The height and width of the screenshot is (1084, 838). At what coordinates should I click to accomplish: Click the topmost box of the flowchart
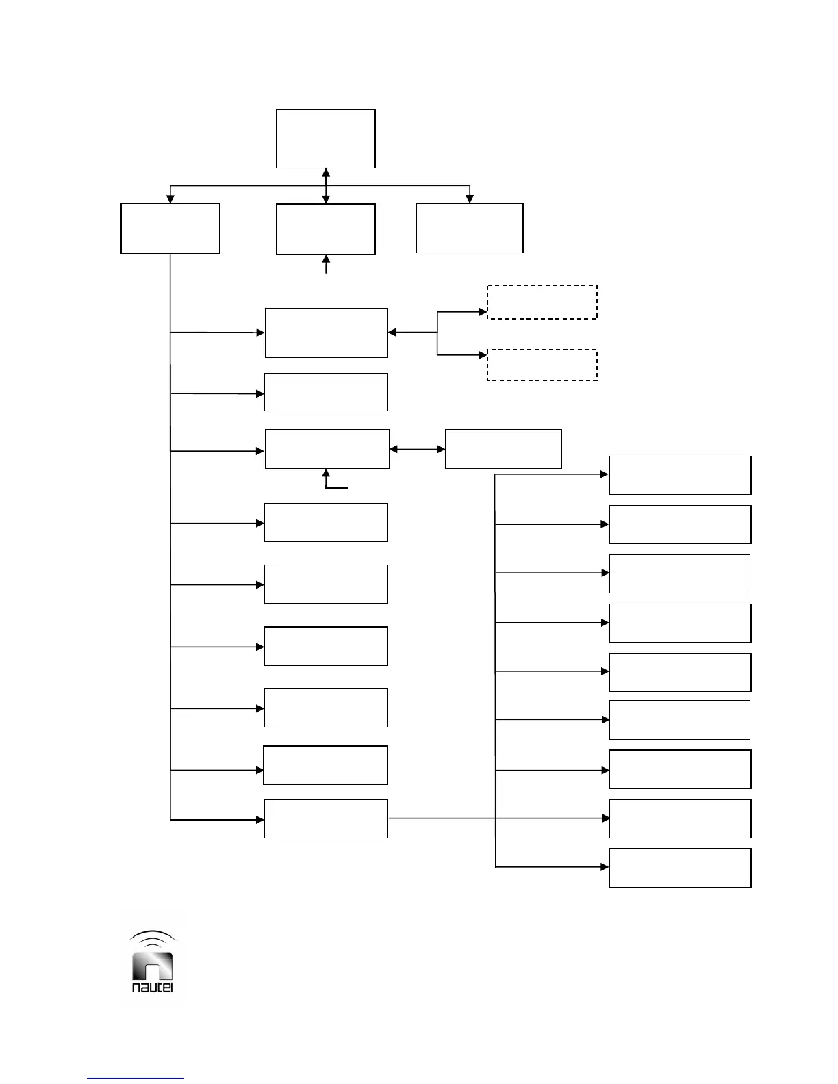(x=326, y=138)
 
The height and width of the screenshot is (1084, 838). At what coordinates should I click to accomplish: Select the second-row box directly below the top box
(x=326, y=229)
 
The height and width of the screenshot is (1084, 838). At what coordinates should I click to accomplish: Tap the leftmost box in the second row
(x=170, y=229)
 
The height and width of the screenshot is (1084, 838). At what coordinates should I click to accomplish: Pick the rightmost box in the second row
(x=470, y=228)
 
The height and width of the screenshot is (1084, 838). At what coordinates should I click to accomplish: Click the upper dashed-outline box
(x=542, y=302)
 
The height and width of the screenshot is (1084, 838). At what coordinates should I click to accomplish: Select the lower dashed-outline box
(x=542, y=365)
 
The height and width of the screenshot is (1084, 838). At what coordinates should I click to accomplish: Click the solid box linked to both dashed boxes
(x=326, y=333)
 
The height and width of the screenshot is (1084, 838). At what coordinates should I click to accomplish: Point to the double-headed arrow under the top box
(x=326, y=186)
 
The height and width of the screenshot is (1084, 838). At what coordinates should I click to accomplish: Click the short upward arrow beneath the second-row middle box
(x=326, y=264)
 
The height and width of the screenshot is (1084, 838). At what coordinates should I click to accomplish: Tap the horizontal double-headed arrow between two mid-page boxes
(x=417, y=449)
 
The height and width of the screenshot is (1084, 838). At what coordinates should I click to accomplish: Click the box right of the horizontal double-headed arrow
(x=503, y=449)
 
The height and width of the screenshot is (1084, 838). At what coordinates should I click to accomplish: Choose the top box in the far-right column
(x=680, y=475)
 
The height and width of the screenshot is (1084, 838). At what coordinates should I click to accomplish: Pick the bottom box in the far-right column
(x=680, y=868)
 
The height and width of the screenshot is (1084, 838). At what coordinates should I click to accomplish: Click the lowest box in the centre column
(x=326, y=818)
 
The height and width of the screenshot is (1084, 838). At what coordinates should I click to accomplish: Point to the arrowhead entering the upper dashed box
(x=483, y=311)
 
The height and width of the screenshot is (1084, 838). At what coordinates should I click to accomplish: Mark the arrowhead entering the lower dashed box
(x=483, y=355)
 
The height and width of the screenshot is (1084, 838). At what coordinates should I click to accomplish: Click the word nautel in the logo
(x=152, y=988)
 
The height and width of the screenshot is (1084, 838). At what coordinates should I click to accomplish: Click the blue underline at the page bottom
(x=136, y=1079)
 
